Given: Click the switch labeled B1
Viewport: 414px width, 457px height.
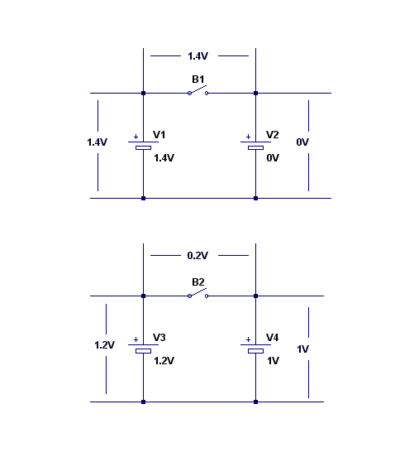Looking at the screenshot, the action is [198, 90].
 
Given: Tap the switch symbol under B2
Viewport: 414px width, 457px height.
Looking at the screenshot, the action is [198, 293].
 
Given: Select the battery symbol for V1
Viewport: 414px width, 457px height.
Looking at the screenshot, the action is [144, 145].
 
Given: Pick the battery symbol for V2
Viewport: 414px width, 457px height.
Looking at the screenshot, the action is [255, 145].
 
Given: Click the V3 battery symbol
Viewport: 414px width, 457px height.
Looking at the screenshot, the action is [144, 348].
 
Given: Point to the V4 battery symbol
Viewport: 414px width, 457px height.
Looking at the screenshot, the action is [255, 348].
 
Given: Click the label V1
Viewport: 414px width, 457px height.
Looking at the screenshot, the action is [159, 135].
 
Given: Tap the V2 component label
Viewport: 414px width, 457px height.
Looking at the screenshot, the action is [273, 135].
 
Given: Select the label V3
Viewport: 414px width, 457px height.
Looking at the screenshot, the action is [159, 338].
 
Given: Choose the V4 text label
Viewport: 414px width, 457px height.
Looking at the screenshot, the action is [273, 338].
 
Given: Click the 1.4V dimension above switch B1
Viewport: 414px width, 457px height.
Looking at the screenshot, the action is [197, 56].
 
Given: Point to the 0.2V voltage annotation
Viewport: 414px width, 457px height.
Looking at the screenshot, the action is [197, 256].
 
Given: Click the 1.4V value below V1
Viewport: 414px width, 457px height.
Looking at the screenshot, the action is [164, 158].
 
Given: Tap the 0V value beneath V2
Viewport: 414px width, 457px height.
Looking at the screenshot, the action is [273, 158].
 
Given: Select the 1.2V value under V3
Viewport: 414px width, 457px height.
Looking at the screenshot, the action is [164, 361].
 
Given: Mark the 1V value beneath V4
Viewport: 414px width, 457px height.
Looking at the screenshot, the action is [274, 361].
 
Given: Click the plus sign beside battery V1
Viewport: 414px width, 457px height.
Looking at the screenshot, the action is [136, 137].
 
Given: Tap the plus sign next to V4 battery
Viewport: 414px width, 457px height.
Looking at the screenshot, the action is [248, 339].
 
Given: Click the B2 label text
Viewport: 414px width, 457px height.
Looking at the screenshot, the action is [198, 282].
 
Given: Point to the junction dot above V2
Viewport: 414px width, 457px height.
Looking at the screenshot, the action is [255, 94].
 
